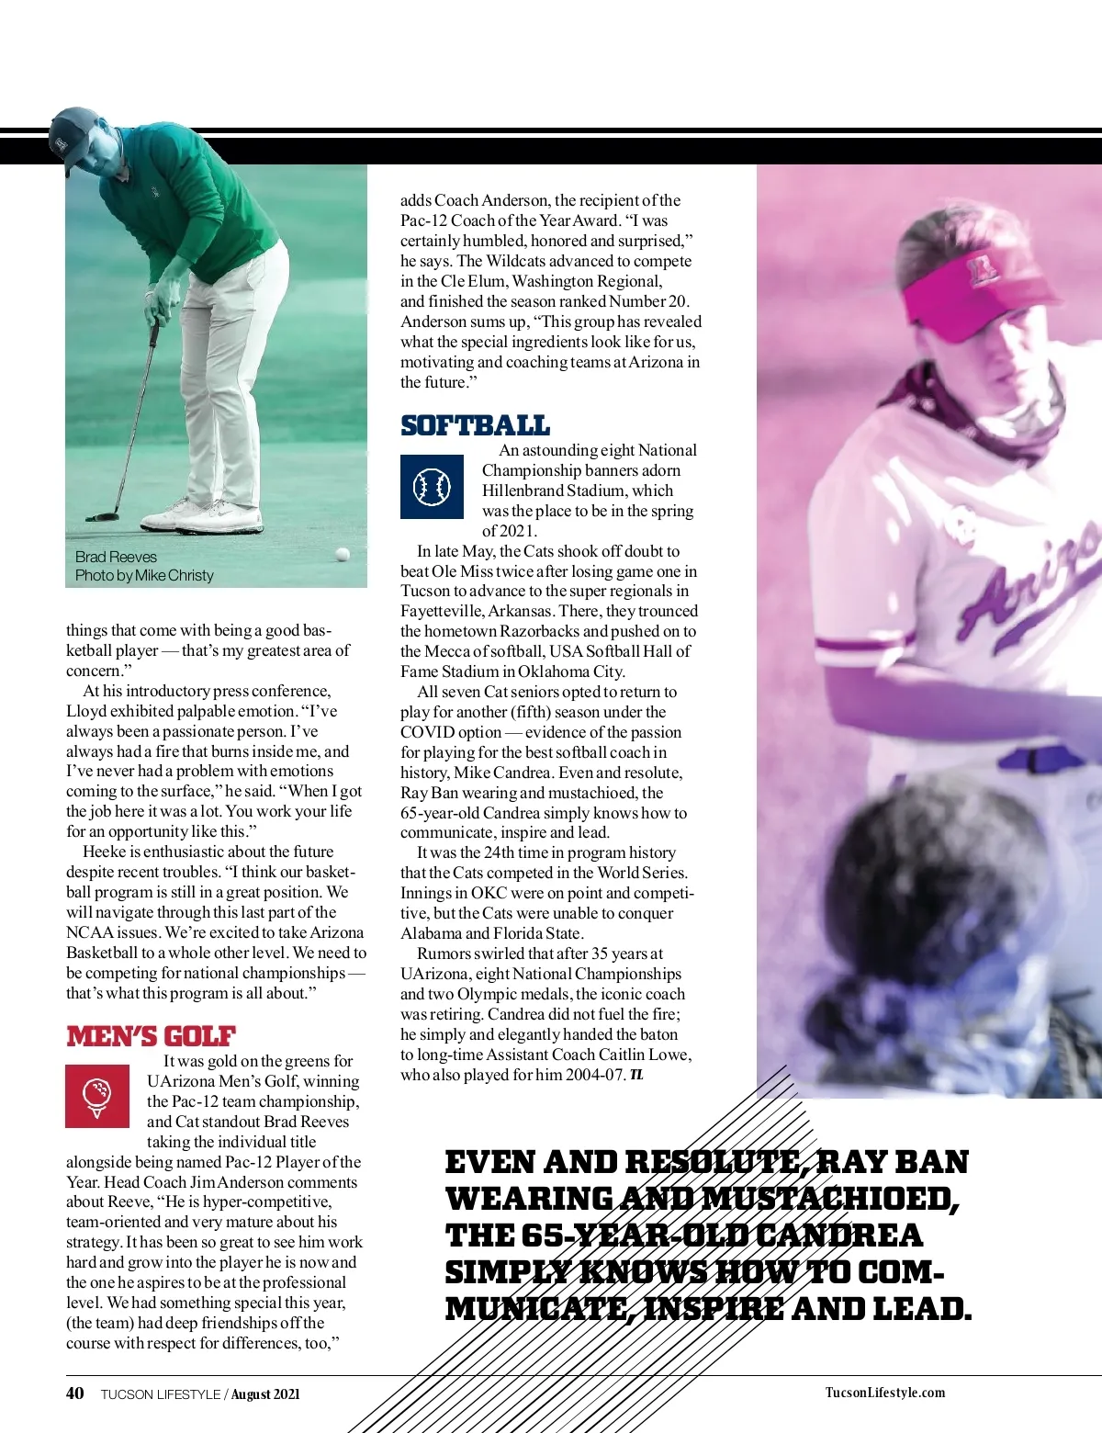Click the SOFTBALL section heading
coord(475,425)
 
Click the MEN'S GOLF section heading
coord(151,1037)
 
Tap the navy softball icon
coord(432,487)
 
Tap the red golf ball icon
coord(97,1096)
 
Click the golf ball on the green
coord(343,554)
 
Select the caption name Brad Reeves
coord(116,557)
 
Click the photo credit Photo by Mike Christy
coord(144,576)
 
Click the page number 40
coord(74,1393)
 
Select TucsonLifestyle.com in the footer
coord(884,1393)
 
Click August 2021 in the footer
coord(264,1394)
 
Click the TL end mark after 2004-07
coord(636,1075)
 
